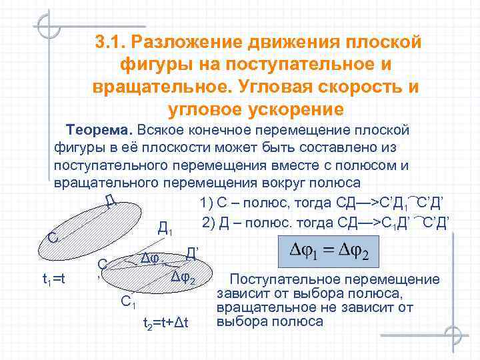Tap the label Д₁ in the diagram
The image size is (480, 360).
pyautogui.click(x=166, y=229)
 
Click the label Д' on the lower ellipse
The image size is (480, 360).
pyautogui.click(x=191, y=252)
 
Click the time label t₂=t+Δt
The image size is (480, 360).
pyautogui.click(x=167, y=323)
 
